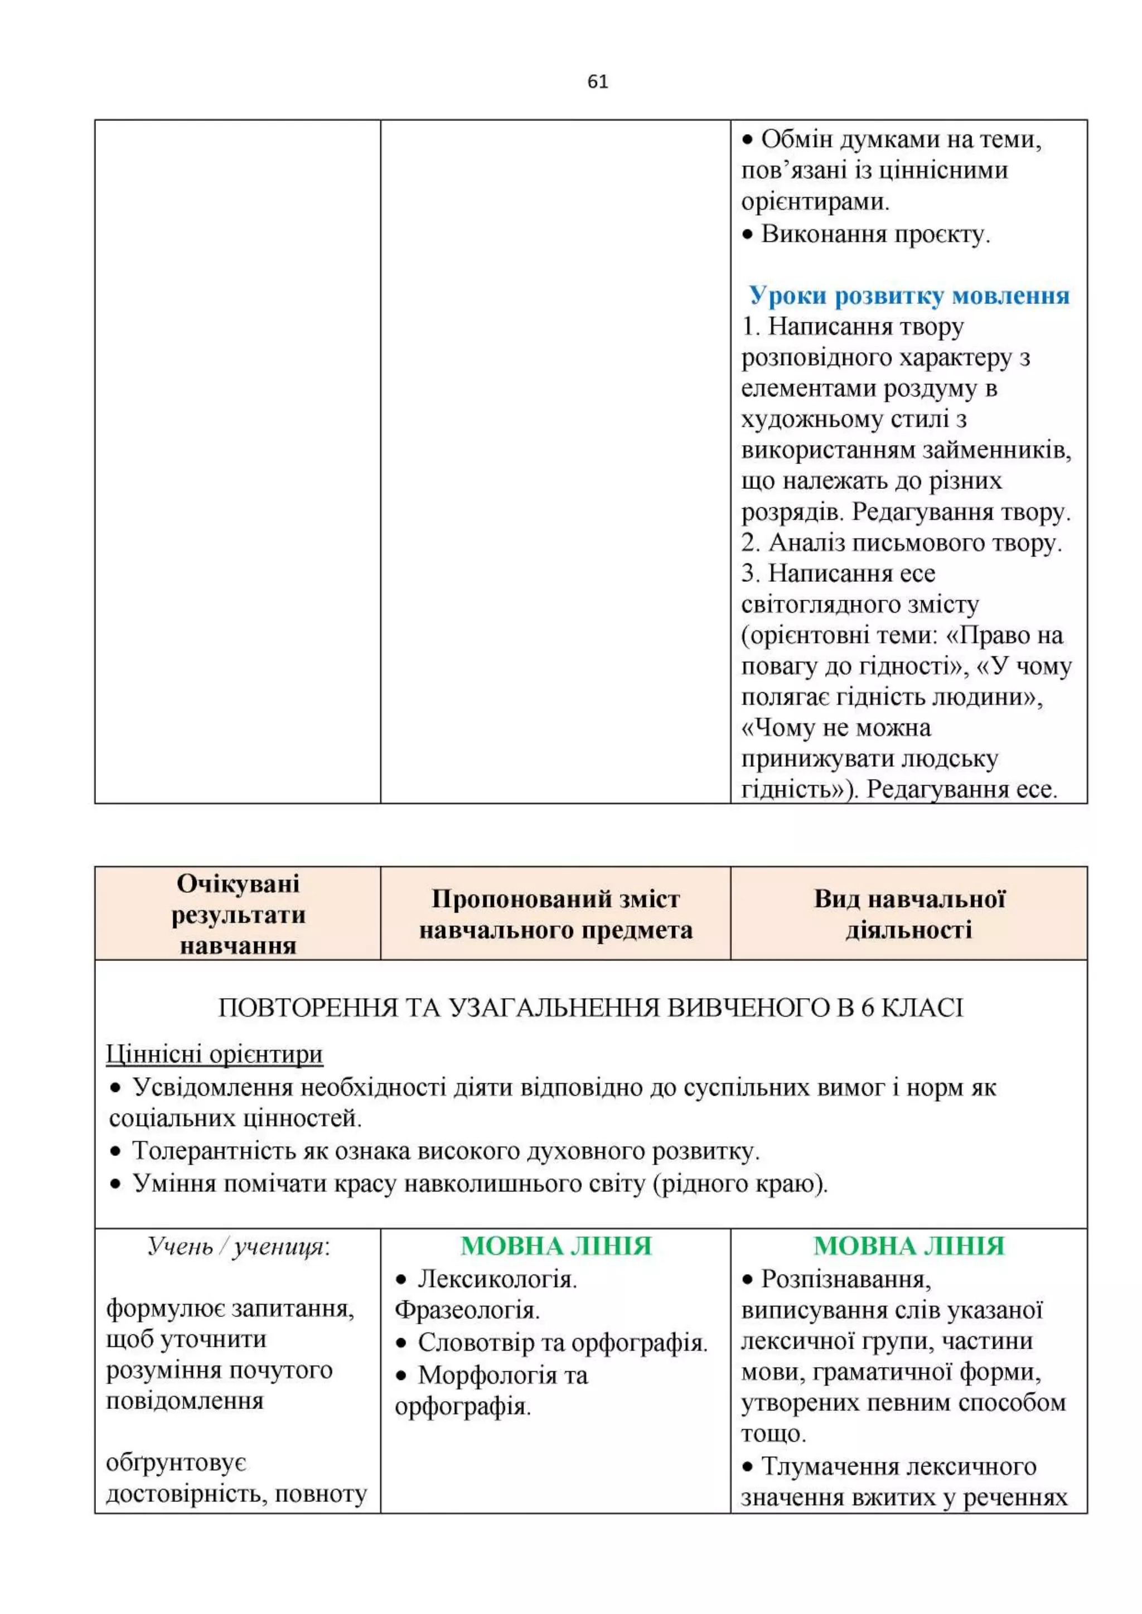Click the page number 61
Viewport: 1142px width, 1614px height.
tap(597, 82)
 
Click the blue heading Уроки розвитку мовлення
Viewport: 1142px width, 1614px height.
tap(908, 295)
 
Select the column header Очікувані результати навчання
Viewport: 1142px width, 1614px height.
tap(238, 914)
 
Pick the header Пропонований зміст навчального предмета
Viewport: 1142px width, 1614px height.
tap(555, 914)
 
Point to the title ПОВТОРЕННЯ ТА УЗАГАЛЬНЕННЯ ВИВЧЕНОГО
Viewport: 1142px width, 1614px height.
tap(590, 1008)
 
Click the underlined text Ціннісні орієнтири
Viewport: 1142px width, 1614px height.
tap(215, 1054)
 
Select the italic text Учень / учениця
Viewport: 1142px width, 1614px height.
tap(238, 1246)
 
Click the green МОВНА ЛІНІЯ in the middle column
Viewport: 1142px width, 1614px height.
tap(555, 1246)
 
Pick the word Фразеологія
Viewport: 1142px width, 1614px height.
tap(467, 1310)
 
